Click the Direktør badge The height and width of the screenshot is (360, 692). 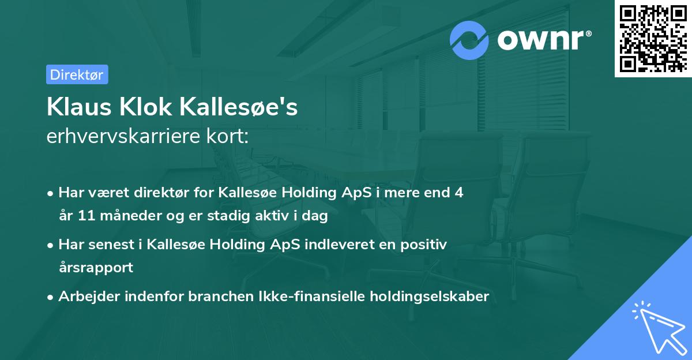(x=77, y=74)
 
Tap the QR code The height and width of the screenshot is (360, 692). (x=652, y=39)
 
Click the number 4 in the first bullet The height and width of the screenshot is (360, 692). (x=459, y=193)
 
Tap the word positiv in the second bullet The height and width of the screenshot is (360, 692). (x=425, y=245)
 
